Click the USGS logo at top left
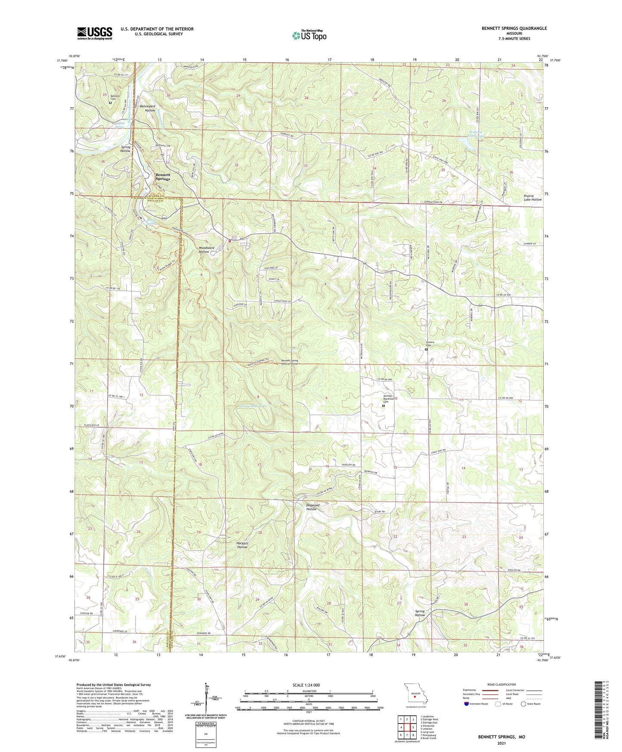click(95, 33)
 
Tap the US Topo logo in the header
click(309, 35)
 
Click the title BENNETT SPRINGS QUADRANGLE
click(514, 28)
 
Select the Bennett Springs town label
click(163, 177)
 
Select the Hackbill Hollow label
click(242, 545)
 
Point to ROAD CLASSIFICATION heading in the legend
click(502, 684)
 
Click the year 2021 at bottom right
click(501, 743)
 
